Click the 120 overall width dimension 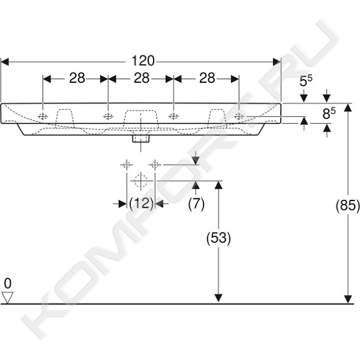143,61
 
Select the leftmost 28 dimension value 77,79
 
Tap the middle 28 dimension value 142,79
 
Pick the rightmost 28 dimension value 207,79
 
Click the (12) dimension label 141,203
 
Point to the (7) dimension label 196,203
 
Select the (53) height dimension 219,238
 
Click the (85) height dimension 348,205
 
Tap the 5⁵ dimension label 306,81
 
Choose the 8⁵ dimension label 329,113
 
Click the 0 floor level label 7,283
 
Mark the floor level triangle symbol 7,298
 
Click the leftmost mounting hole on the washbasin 43,116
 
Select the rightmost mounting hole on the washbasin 239,116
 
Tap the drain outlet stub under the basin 141,139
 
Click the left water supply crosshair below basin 127,164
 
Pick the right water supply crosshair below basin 155,164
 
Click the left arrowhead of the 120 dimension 5,62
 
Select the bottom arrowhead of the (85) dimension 348,299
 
